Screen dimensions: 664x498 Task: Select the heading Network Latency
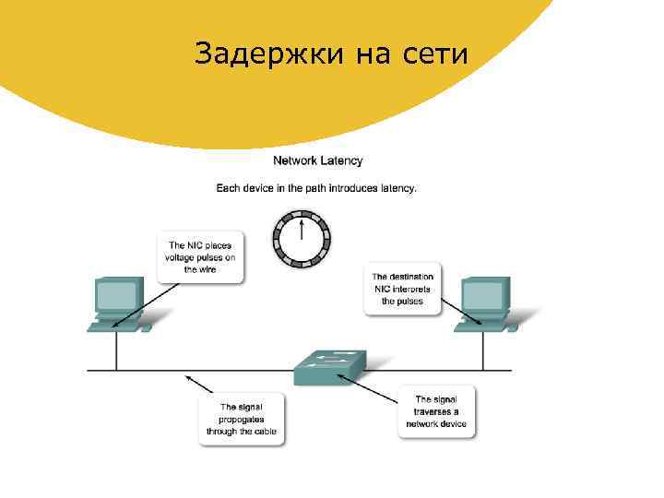coord(317,160)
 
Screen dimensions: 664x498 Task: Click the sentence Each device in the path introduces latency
coord(316,188)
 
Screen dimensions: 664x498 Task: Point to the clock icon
coord(301,239)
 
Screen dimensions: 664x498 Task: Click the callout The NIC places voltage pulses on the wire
coord(201,257)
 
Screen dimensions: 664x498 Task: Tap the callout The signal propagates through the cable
coord(243,419)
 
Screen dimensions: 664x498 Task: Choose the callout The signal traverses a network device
coord(436,411)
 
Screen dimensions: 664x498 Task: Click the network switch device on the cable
coord(329,367)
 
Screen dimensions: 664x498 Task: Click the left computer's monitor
coord(117,296)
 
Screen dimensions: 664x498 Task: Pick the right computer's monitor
coord(483,296)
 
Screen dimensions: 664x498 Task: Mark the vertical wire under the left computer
coord(116,350)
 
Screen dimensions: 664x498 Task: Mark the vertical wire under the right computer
coord(482,350)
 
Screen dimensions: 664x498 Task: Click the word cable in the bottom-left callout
coord(265,432)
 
